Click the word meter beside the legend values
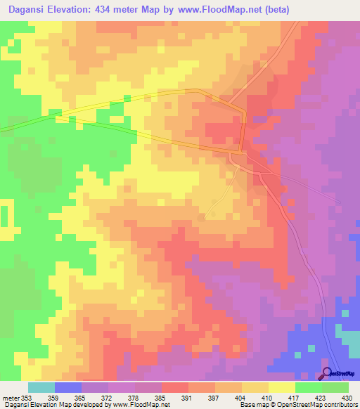(11, 397)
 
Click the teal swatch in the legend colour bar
(41, 387)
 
